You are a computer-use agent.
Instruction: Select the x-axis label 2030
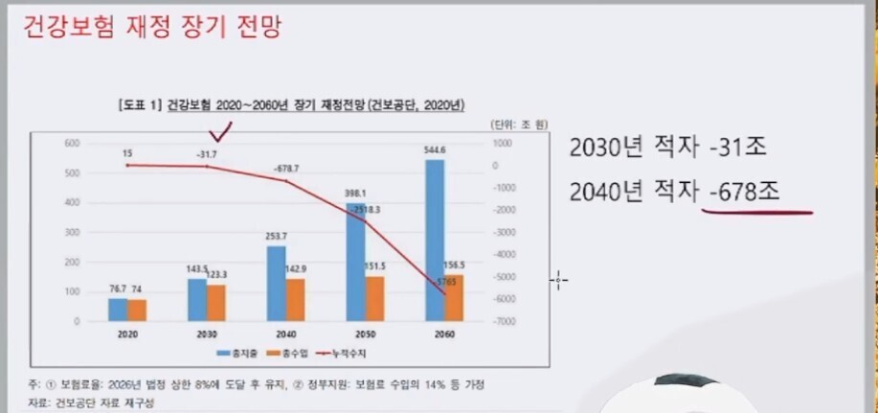(x=207, y=335)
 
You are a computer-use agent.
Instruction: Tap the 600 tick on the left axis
(x=71, y=143)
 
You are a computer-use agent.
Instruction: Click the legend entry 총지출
(x=237, y=354)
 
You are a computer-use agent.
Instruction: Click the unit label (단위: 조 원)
(x=518, y=125)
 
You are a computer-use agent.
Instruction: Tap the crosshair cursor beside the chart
(x=559, y=280)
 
